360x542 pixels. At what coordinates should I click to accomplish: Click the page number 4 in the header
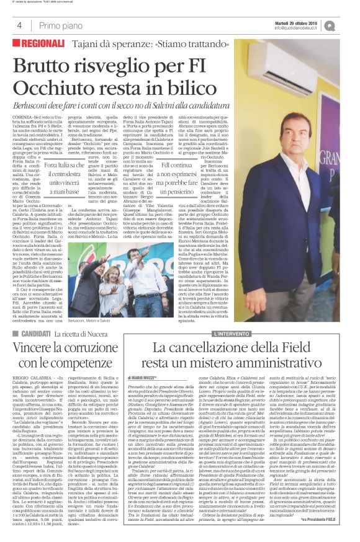(x=19, y=25)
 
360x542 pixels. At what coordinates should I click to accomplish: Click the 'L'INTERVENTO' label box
(x=233, y=334)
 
